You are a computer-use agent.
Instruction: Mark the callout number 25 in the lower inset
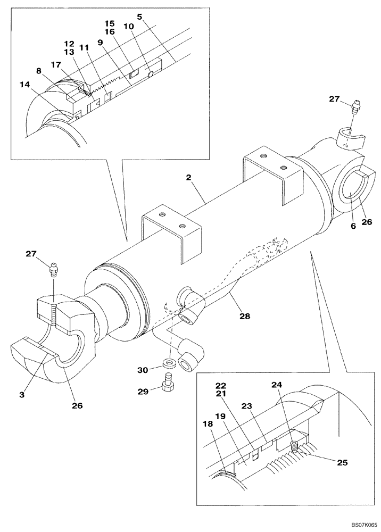[342, 463]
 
